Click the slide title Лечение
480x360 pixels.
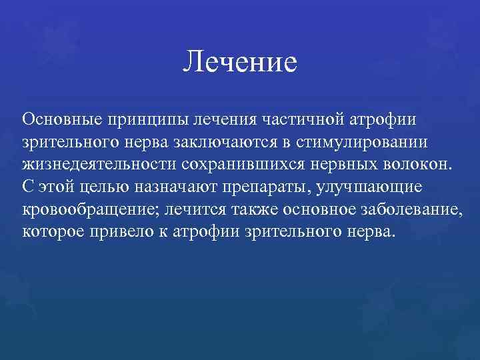click(x=239, y=63)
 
